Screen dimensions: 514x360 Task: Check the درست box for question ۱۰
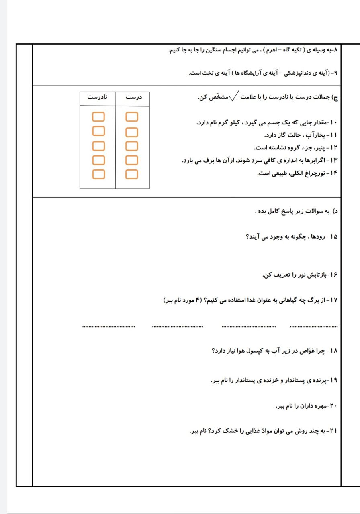click(132, 117)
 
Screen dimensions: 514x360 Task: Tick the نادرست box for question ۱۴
click(98, 174)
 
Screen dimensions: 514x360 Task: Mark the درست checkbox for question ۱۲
click(132, 146)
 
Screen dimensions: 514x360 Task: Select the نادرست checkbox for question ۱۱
click(98, 131)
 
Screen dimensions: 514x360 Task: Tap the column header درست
click(132, 97)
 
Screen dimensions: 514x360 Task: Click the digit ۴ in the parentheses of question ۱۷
click(197, 300)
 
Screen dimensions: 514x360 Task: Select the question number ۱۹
click(334, 380)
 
